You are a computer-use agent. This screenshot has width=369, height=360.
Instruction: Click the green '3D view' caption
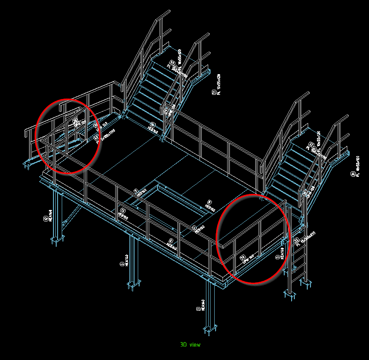click(190, 344)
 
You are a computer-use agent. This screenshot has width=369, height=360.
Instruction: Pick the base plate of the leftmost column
click(57, 239)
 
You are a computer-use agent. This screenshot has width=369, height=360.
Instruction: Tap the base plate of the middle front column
click(134, 285)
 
